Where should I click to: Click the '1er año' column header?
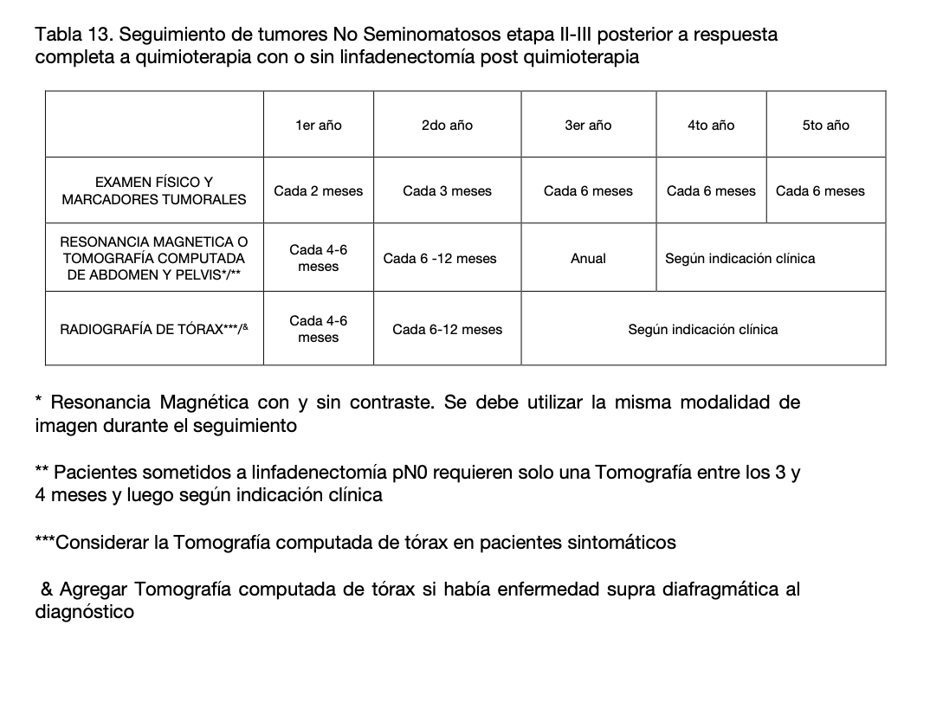click(x=318, y=126)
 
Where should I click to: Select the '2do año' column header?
click(x=447, y=126)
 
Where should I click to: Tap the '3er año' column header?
click(x=588, y=126)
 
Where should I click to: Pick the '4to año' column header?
click(x=711, y=126)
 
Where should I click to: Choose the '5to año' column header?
click(x=825, y=126)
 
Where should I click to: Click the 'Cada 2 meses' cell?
click(x=318, y=191)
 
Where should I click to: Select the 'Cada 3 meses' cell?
click(x=447, y=191)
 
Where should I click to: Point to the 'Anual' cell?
click(x=588, y=258)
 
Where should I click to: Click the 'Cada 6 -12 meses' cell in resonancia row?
click(x=440, y=258)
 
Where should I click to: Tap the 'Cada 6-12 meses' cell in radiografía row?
click(x=447, y=329)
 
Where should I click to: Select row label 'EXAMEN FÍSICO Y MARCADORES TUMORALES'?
click(x=154, y=190)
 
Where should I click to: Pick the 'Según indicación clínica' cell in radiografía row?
click(x=702, y=329)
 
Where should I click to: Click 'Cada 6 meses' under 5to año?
click(x=820, y=191)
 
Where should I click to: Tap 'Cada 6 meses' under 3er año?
click(x=588, y=191)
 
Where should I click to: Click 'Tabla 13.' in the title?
click(x=73, y=35)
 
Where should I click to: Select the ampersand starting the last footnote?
click(x=48, y=589)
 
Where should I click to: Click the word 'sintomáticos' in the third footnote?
click(x=621, y=543)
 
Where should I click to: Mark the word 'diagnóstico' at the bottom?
click(x=84, y=611)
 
